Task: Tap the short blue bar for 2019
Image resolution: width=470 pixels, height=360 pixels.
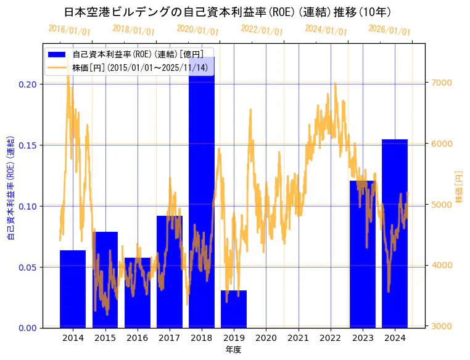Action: [234, 308]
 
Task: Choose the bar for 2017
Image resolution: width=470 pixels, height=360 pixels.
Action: [170, 271]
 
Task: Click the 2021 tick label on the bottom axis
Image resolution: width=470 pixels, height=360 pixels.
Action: [298, 338]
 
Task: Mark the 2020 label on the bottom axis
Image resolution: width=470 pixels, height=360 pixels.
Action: [266, 338]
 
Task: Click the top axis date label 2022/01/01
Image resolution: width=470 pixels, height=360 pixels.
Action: [262, 30]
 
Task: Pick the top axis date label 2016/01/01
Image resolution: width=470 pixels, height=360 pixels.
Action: [69, 30]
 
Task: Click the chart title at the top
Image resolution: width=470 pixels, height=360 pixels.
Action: [228, 12]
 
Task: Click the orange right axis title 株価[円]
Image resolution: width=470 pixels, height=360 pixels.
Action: [460, 186]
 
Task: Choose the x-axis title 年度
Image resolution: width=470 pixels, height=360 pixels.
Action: [233, 350]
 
